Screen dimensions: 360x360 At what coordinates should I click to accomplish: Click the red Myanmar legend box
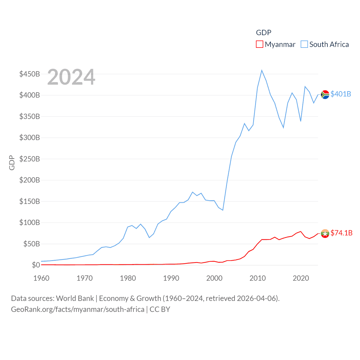pos(259,44)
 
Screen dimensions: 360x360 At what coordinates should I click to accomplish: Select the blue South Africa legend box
pos(304,44)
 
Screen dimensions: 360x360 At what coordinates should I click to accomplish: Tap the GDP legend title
pos(264,33)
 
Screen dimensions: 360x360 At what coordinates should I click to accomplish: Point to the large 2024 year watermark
pos(71,77)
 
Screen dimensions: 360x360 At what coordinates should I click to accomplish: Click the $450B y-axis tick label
pos(30,74)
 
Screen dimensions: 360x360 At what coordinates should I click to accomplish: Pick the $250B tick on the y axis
pos(30,159)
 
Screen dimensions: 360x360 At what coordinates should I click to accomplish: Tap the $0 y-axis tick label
pos(36,265)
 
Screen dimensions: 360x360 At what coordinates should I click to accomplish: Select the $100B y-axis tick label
pos(30,222)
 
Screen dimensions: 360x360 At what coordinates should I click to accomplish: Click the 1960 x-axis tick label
pos(41,278)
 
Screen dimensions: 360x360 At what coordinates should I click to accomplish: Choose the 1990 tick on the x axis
pos(171,278)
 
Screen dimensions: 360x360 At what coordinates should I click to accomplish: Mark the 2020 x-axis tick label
pos(301,278)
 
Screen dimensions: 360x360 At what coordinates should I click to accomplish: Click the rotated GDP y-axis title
pos(12,163)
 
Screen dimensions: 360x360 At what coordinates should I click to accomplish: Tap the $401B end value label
pos(341,94)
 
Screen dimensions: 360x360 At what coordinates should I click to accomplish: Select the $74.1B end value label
pos(341,233)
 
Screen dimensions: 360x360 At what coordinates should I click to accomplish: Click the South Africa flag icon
pos(325,94)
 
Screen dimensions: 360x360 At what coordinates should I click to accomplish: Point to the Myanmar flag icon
pos(325,233)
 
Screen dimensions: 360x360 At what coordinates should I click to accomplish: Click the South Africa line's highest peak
pos(262,70)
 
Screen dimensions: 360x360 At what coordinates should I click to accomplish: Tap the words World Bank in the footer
pos(75,298)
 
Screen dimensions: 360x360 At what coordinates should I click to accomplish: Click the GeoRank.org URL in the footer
pos(78,309)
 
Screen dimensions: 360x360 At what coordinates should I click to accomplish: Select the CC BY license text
pos(160,309)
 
